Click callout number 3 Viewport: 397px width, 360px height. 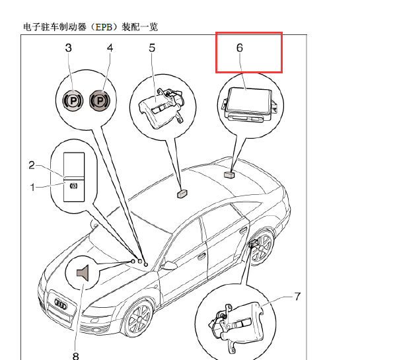68,48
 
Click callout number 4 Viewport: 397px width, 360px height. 110,48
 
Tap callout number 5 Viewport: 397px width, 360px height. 152,48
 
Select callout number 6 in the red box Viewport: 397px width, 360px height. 240,48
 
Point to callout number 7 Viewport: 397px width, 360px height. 297,297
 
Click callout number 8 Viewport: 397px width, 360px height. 76,356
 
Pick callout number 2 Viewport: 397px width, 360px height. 32,165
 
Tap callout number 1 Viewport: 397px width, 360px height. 32,188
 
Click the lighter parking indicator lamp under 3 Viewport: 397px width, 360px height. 73,100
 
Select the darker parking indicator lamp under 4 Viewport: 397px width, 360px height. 100,100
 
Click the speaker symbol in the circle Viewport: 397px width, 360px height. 83,273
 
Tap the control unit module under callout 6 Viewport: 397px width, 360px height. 250,105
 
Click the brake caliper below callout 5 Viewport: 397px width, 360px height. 162,108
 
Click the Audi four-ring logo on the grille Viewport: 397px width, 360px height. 61,303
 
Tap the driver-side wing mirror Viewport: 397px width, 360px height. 169,266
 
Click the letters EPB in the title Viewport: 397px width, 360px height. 103,27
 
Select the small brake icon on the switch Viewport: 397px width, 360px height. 73,186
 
